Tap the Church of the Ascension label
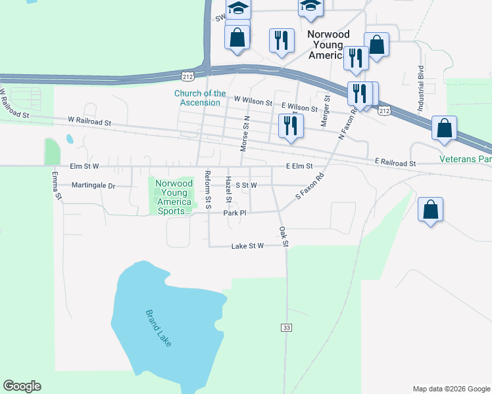pos(200,98)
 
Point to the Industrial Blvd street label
pos(420,88)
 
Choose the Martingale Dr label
pos(93,186)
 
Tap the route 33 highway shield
pos(286,327)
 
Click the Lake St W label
pos(247,246)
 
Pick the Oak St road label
pos(283,236)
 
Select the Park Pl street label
pos(234,213)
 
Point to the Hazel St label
pos(229,188)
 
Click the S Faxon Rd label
pos(311,186)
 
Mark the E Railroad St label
pos(395,162)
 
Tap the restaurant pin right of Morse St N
pos(289,125)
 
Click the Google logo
pos(22,386)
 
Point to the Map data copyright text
pos(451,389)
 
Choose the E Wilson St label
pos(299,106)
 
